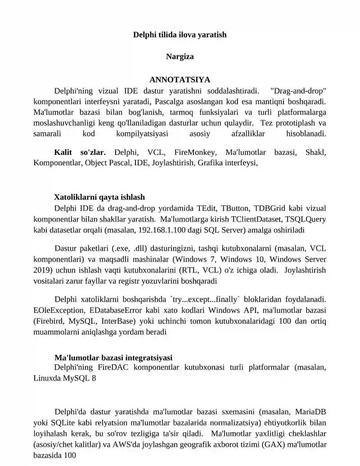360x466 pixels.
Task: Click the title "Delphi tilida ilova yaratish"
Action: coord(180,34)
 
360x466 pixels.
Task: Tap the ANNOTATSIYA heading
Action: coord(180,80)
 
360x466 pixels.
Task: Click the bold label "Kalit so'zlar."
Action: coord(80,153)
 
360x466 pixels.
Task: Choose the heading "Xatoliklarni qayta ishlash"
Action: coord(99,197)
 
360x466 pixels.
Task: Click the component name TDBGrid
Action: coord(270,208)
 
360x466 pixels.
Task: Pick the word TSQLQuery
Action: coord(306,219)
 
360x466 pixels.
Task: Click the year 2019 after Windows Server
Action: coord(42,271)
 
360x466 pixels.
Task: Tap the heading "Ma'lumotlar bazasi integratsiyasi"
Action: coord(113,357)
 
